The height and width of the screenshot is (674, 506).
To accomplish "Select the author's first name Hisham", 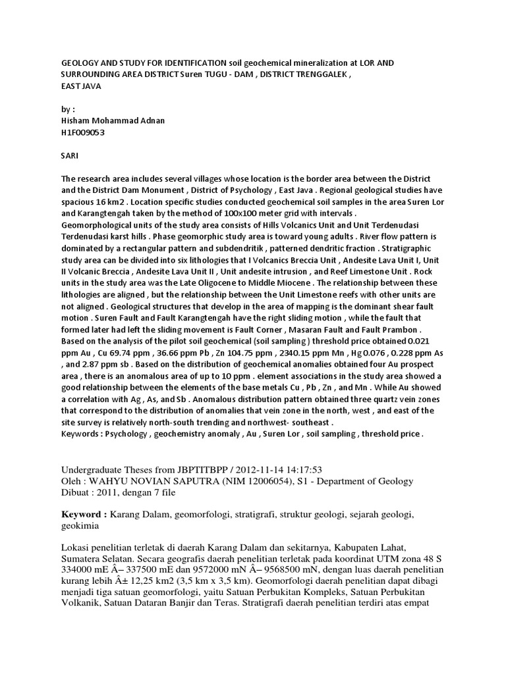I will pyautogui.click(x=76, y=120).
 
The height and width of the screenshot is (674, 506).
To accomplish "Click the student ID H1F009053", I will pyautogui.click(x=83, y=132).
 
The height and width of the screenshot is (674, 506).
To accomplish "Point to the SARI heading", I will pyautogui.click(x=70, y=155).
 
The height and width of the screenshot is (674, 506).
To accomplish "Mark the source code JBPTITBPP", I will pyautogui.click(x=202, y=470).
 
